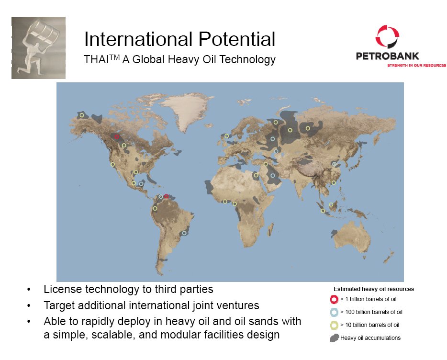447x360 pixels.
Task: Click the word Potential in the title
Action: pos(236,39)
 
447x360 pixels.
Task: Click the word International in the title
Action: pos(138,39)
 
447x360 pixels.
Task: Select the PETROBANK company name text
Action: pos(388,56)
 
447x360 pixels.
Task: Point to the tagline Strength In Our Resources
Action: pos(416,65)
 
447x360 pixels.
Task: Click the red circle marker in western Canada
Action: pos(117,136)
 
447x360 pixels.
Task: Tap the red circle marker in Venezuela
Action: pos(166,196)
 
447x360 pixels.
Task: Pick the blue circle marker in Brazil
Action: pos(184,233)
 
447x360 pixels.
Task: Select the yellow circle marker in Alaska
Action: pos(82,115)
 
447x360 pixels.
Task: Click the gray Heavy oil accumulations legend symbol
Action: pos(334,338)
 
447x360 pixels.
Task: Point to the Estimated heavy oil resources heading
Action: pos(374,289)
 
